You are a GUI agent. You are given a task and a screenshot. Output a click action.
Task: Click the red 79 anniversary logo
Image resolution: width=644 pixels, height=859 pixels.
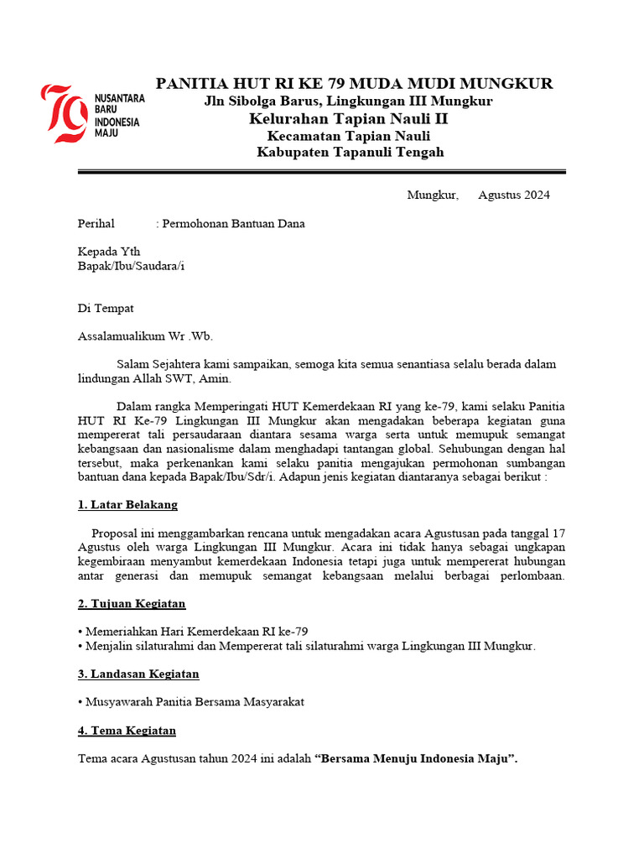[x=65, y=113]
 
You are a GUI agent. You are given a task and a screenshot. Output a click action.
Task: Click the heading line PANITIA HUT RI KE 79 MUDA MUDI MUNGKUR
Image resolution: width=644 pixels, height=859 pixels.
[x=354, y=83]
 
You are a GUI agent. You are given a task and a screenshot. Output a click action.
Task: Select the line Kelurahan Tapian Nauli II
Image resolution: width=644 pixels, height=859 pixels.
[x=349, y=118]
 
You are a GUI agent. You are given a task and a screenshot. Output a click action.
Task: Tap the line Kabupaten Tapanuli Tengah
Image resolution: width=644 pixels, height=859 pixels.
[x=350, y=152]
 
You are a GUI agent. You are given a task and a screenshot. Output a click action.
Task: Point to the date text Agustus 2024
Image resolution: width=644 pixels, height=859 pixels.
[x=514, y=195]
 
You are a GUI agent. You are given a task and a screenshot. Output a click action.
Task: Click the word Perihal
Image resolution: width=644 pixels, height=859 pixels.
[x=96, y=224]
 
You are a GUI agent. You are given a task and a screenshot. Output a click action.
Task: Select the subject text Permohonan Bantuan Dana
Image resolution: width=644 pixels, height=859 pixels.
[x=233, y=224]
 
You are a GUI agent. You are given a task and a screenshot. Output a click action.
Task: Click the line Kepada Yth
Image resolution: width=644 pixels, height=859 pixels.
[x=109, y=252]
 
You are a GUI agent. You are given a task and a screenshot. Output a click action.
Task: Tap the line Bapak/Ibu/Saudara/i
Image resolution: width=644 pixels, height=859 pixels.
[x=131, y=266]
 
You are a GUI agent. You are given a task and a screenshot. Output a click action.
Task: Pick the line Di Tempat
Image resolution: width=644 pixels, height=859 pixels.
[x=106, y=308]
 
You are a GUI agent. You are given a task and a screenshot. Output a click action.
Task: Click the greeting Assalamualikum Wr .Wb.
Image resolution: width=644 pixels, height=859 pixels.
[x=145, y=336]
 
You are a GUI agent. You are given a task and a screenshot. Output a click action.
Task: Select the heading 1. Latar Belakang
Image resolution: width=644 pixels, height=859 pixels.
[x=127, y=505]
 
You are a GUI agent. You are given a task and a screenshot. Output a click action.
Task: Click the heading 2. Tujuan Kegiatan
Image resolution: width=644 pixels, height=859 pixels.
[x=132, y=604]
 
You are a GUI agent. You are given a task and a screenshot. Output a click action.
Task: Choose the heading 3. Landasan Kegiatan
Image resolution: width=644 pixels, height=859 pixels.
[x=138, y=674]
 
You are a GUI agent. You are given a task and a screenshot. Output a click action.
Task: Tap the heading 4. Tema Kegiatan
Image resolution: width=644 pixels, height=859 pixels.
[x=127, y=731]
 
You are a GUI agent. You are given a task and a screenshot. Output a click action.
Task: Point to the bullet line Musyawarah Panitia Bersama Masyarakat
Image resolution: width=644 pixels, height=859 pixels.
[x=191, y=701]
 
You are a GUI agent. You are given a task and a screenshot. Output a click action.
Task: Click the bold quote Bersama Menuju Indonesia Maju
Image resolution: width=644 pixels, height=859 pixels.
[x=416, y=759]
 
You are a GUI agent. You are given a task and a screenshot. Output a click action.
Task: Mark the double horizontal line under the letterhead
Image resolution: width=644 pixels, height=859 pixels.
[x=322, y=172]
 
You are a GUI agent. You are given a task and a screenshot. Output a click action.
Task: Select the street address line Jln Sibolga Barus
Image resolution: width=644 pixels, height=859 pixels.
[x=349, y=101]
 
